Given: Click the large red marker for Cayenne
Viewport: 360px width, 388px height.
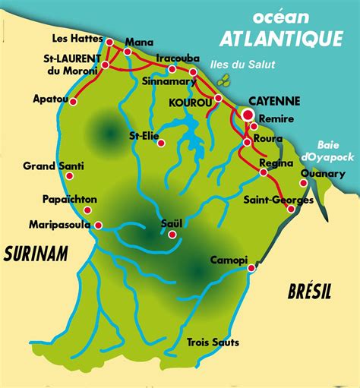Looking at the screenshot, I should (x=247, y=115).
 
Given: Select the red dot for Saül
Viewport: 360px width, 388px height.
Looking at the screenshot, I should (x=172, y=235).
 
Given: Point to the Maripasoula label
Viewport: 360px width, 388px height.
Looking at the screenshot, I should (x=59, y=224).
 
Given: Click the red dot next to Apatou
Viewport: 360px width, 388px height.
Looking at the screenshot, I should (x=73, y=102).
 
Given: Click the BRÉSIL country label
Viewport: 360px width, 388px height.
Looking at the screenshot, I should (x=310, y=291).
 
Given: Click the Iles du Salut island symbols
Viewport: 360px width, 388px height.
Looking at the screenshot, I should (x=223, y=80).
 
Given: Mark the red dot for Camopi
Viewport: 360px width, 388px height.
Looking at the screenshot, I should (x=252, y=267).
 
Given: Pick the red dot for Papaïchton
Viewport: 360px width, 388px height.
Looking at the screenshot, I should (x=88, y=210).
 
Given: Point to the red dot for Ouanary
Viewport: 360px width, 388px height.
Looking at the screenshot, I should (x=303, y=183).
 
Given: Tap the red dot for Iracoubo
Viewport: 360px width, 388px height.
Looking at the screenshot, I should (x=172, y=69).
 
